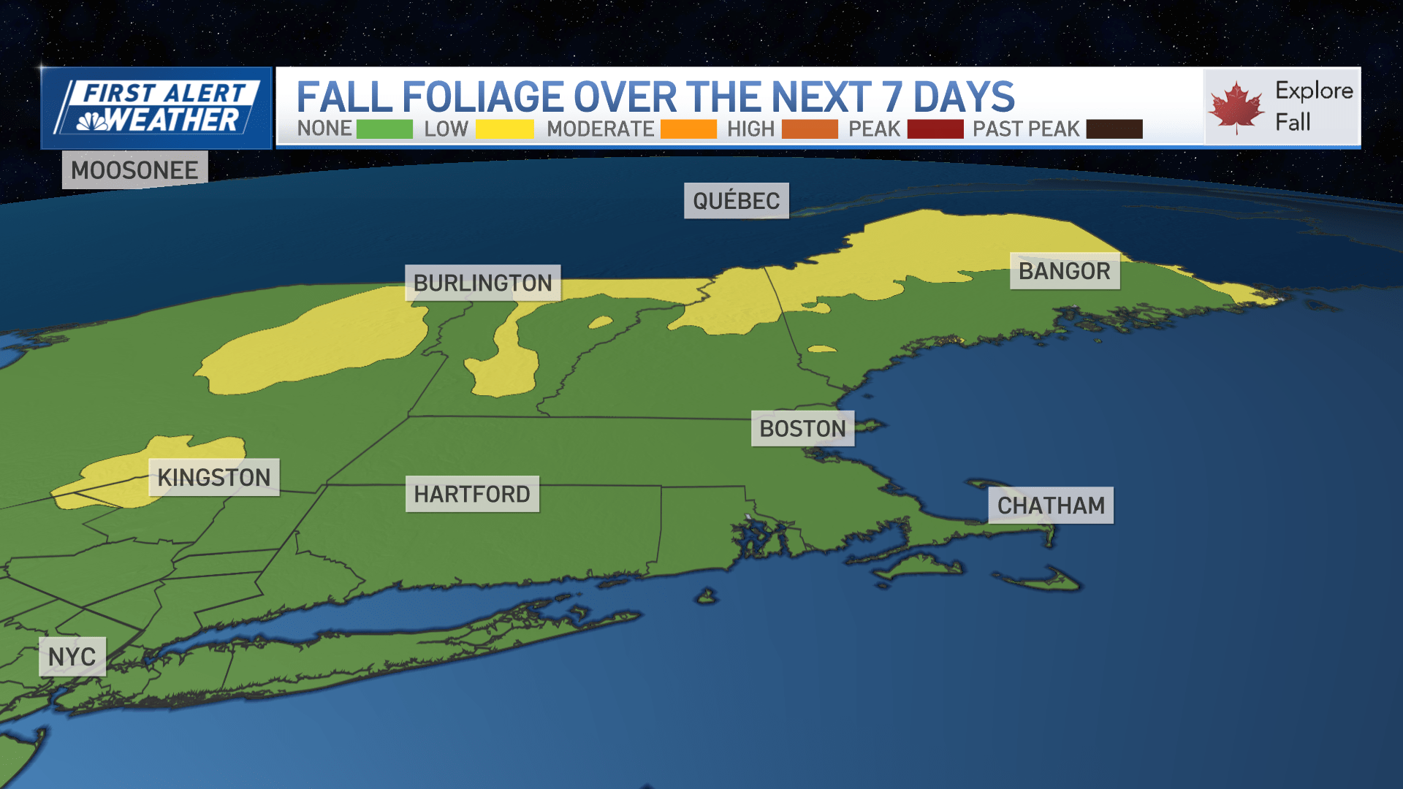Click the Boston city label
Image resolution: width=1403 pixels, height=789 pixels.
pos(802,429)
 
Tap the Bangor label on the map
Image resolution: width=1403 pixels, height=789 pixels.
pos(1064,271)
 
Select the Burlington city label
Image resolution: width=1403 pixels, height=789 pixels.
pos(482,283)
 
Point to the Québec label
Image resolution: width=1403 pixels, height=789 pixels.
pos(736,201)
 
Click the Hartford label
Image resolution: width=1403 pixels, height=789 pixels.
pos(472,495)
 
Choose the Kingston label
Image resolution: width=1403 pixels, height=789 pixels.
pos(213,478)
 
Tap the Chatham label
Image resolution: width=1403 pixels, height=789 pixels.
pos(1050,506)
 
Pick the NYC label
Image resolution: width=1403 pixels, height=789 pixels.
pos(72,657)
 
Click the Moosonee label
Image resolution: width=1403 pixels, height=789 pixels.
pos(134,170)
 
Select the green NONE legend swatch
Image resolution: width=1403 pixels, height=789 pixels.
pos(384,129)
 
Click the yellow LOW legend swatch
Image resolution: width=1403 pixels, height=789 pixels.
pos(504,129)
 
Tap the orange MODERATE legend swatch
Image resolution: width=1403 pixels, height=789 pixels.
pos(688,129)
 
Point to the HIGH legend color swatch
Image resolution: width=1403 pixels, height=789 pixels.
pos(810,129)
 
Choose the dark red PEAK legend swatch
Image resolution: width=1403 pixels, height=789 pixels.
pos(935,129)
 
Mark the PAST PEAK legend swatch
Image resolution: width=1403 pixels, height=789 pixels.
pos(1114,129)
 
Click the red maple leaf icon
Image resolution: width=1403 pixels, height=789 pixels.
pos(1236,107)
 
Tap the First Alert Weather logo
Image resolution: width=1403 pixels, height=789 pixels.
pos(156,108)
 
